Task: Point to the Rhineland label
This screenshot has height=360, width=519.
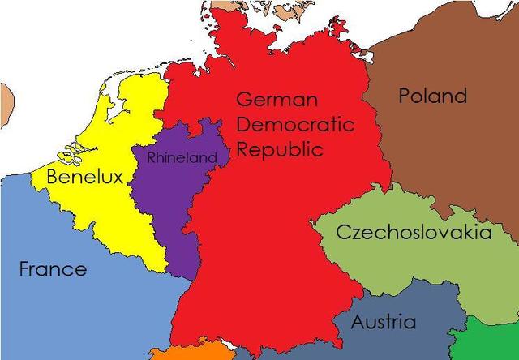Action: tap(182, 157)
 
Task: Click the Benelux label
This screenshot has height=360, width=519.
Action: tap(84, 176)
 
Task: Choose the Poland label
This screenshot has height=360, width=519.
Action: tap(433, 96)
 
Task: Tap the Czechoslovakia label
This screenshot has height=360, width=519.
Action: tap(414, 234)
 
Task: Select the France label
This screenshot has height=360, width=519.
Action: tap(53, 269)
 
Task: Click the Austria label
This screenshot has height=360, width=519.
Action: tap(383, 322)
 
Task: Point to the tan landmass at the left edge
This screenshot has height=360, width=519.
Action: tap(6, 101)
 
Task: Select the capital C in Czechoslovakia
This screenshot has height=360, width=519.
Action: tap(342, 234)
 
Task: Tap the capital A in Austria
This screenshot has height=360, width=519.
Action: tap(358, 322)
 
